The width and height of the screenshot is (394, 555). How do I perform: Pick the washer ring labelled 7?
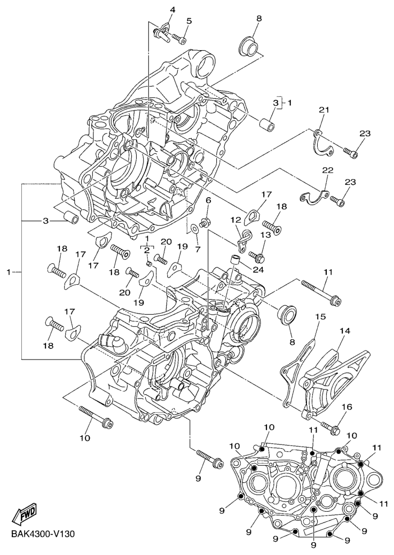pyautogui.click(x=195, y=228)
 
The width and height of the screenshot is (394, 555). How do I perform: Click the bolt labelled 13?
pyautogui.click(x=258, y=248)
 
